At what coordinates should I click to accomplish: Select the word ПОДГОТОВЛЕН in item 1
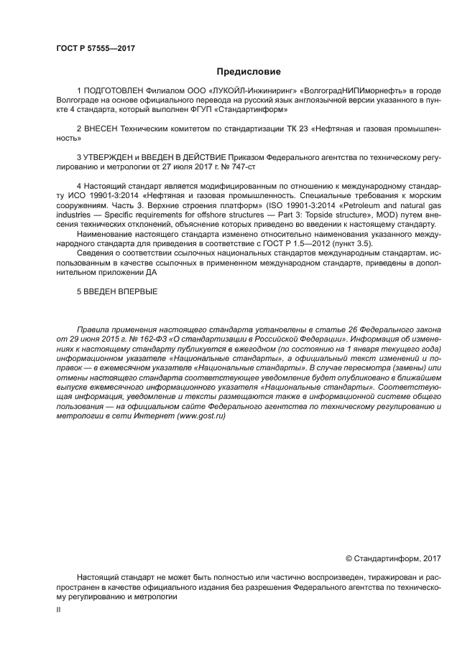click(x=115, y=91)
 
